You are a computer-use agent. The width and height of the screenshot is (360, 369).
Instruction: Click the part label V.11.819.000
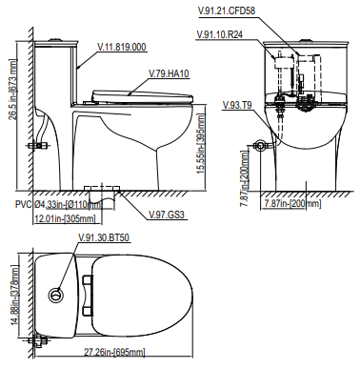click(122, 47)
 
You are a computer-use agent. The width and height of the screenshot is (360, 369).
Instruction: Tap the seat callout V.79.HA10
click(169, 73)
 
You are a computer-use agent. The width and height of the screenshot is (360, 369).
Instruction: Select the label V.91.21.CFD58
click(226, 10)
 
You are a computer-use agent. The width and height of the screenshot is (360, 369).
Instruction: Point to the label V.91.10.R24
click(220, 34)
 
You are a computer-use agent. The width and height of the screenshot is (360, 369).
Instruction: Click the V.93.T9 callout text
click(237, 105)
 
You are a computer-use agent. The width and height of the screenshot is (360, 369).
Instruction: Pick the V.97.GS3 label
click(167, 215)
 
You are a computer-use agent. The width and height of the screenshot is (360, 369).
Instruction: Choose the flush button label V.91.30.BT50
click(104, 237)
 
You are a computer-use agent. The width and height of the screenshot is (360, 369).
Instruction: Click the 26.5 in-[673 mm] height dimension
click(12, 90)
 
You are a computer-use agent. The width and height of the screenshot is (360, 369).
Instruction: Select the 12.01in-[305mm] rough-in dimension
click(65, 218)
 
